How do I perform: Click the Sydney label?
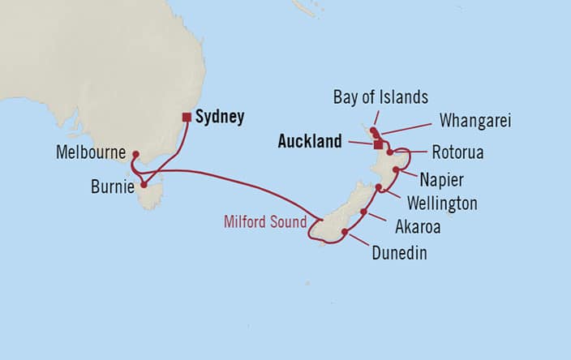click(220, 117)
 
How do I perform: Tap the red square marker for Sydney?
click(187, 117)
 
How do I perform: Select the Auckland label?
click(310, 142)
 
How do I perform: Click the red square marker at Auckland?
click(377, 145)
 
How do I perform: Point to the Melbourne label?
click(90, 152)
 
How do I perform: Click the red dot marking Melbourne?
click(135, 154)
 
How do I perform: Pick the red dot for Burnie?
click(144, 184)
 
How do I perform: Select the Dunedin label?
click(398, 254)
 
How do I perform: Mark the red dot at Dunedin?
click(345, 233)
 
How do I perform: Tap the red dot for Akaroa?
click(363, 212)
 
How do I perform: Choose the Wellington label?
click(442, 203)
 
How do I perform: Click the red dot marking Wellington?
click(379, 187)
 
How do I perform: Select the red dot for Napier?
click(396, 169)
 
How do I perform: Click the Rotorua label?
click(456, 152)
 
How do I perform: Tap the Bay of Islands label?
click(380, 97)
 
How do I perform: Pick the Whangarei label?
click(476, 120)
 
